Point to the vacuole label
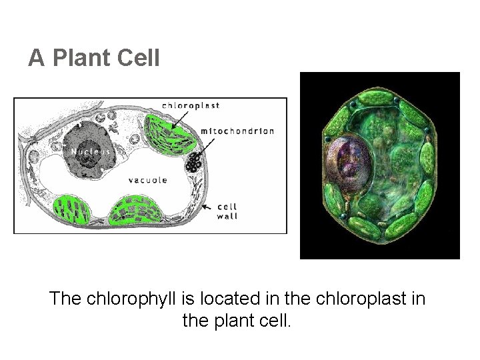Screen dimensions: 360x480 (x=147, y=180)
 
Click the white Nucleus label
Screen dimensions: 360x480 (x=87, y=150)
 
